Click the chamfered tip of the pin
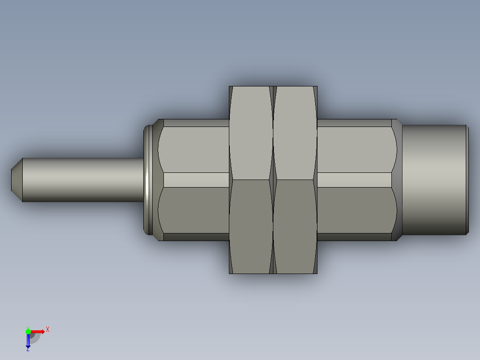coord(17,180)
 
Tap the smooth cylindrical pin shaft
coord(83,180)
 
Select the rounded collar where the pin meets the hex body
coord(148,180)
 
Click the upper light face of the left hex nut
coord(251,133)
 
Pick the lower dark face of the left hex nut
coord(251,227)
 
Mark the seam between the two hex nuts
coord(273,180)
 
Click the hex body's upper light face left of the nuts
coord(193,150)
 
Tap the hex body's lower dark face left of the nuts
coord(193,210)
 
